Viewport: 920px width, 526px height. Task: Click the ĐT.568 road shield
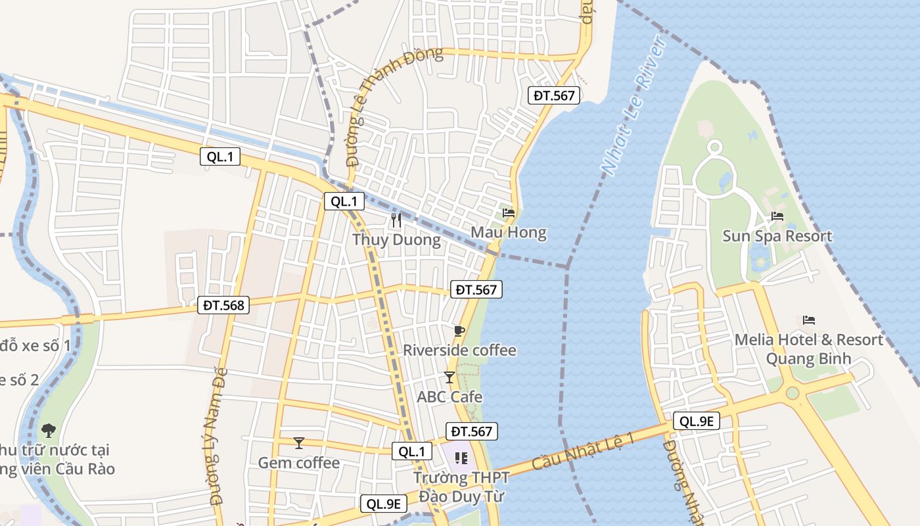(x=223, y=305)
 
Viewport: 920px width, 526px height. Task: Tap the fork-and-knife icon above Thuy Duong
(x=396, y=220)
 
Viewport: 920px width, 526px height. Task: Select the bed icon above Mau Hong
(x=508, y=213)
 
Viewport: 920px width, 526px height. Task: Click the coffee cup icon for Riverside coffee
(x=459, y=331)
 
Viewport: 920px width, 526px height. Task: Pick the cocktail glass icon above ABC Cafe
(x=449, y=377)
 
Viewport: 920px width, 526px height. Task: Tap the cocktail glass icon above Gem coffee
(x=299, y=443)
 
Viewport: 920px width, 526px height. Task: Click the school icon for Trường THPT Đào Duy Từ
(x=461, y=458)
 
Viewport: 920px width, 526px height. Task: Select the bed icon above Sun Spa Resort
(x=777, y=216)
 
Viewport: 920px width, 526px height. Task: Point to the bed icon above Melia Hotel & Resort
(x=809, y=320)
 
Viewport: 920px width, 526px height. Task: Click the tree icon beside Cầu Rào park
(x=48, y=431)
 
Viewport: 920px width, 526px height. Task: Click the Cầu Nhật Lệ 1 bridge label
(x=583, y=451)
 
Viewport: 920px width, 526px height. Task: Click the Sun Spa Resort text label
(x=777, y=236)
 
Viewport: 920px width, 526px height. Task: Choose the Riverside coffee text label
(x=459, y=350)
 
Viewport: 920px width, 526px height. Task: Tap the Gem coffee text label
(x=299, y=463)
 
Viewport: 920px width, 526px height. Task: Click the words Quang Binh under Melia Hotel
(x=808, y=359)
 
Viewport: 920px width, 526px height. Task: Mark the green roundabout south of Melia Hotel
(x=793, y=393)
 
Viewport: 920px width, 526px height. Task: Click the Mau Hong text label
(x=508, y=233)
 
